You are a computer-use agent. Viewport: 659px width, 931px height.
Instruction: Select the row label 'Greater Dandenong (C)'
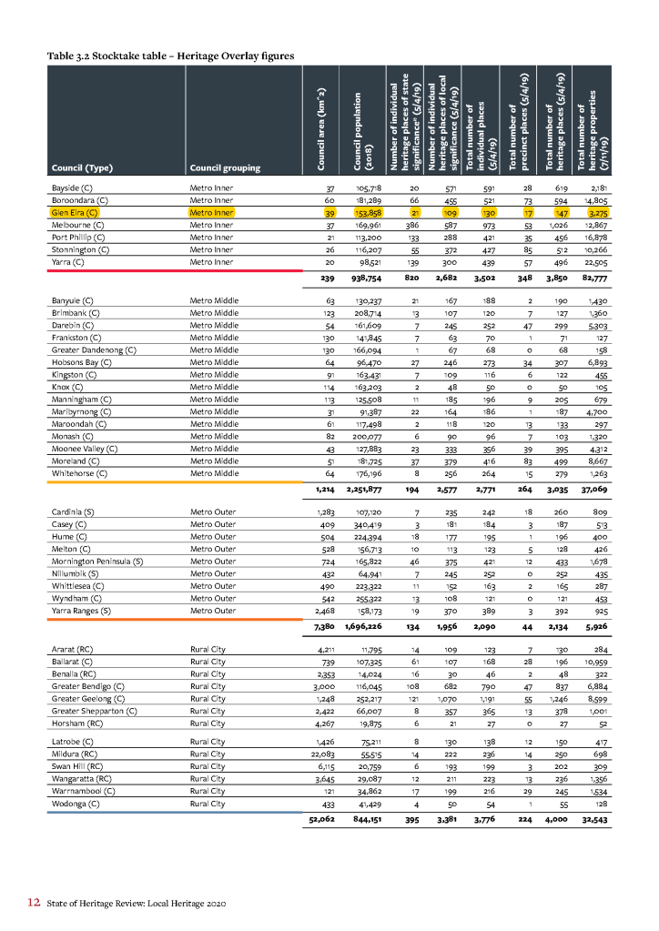pyautogui.click(x=93, y=349)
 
